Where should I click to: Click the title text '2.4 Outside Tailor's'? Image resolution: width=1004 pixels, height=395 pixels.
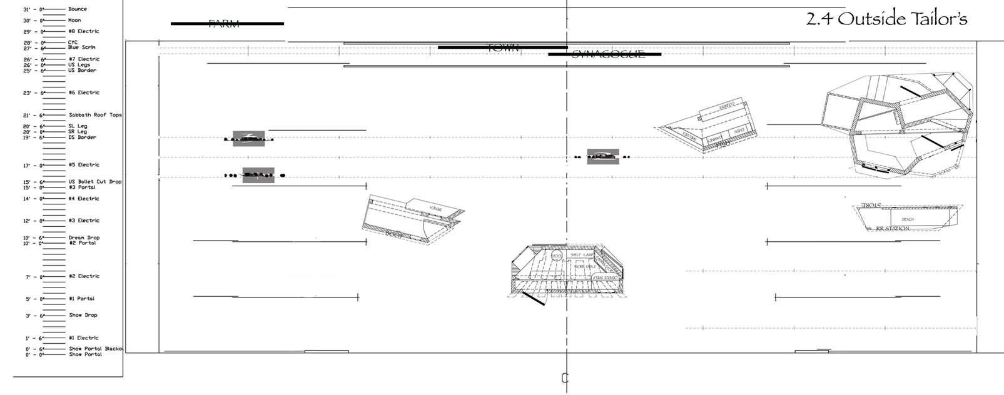[x=886, y=19]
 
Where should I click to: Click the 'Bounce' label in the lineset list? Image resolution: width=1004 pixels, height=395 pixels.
[x=78, y=9]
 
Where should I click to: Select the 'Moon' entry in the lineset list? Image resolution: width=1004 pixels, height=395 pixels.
[x=74, y=21]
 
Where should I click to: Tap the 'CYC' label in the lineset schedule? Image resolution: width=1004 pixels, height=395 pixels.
[x=73, y=42]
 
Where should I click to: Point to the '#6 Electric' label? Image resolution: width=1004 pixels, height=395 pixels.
[x=84, y=92]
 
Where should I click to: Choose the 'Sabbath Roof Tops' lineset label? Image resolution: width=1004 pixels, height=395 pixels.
[x=95, y=115]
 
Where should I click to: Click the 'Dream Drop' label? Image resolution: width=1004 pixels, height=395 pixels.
[x=84, y=237]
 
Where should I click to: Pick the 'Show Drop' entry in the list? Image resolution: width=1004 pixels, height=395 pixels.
[x=83, y=315]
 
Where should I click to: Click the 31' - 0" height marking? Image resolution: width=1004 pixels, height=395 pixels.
[x=33, y=10]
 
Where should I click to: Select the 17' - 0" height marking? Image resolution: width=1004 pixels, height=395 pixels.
[x=33, y=166]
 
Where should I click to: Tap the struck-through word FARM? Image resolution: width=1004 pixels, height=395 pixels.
[x=224, y=24]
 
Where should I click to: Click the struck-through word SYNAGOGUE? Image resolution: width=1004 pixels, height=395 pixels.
[x=608, y=54]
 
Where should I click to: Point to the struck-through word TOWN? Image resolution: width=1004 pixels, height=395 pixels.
[x=503, y=47]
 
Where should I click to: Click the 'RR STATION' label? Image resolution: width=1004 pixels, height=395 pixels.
[x=893, y=229]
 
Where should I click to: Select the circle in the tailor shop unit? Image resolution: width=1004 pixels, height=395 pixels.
[x=556, y=256]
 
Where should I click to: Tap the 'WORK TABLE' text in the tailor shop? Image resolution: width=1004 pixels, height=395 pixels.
[x=585, y=267]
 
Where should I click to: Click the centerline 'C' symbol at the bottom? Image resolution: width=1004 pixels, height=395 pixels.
[x=565, y=378]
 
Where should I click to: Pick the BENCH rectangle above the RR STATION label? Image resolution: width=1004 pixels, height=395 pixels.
[x=908, y=219]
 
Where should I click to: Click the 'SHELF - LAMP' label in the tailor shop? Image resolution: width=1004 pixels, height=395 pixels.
[x=581, y=255]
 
